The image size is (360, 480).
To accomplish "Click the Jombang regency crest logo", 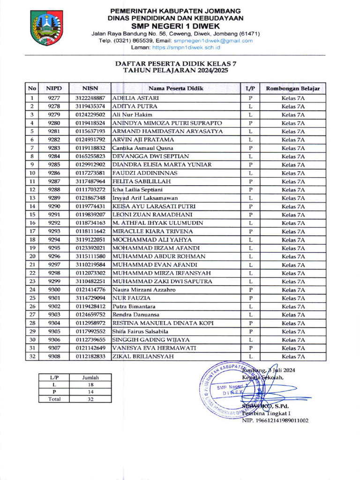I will (x=46, y=28).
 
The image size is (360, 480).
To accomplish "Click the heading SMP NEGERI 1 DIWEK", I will (x=175, y=25).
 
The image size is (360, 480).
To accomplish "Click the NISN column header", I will (x=90, y=88).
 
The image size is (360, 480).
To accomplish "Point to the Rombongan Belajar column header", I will (x=292, y=88).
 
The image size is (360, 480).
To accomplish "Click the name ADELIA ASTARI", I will (x=136, y=98).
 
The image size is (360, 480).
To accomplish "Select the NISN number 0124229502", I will (x=90, y=115).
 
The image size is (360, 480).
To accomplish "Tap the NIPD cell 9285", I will (x=54, y=165).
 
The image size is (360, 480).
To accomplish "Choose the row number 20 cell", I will (x=32, y=257).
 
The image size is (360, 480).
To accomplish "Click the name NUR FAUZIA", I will (x=132, y=298).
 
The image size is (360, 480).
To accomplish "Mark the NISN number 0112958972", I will (x=90, y=323).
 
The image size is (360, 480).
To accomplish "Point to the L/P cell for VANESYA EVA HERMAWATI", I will (x=250, y=348).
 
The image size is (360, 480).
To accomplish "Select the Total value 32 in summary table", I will (x=90, y=399).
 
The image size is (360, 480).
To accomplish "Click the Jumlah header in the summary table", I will (x=90, y=377).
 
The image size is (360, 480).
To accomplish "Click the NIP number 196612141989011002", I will (x=275, y=420).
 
